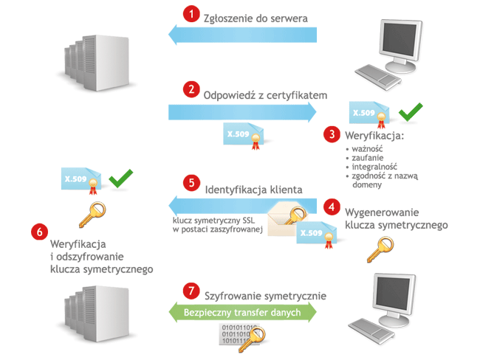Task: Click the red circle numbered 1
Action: point(192,14)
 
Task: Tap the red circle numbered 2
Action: point(192,90)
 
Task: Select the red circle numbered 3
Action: point(333,134)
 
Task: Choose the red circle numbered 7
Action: point(192,290)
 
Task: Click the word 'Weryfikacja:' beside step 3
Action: point(374,136)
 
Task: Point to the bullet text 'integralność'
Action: point(376,167)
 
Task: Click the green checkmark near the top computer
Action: point(411,113)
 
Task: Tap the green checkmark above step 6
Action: point(120,177)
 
